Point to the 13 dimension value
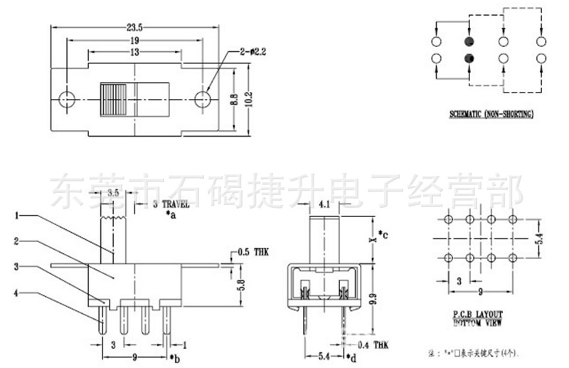[134, 53]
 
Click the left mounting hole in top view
[67, 98]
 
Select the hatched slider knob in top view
[112, 98]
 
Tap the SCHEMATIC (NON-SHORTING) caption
[491, 114]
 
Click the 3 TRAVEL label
[171, 204]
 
